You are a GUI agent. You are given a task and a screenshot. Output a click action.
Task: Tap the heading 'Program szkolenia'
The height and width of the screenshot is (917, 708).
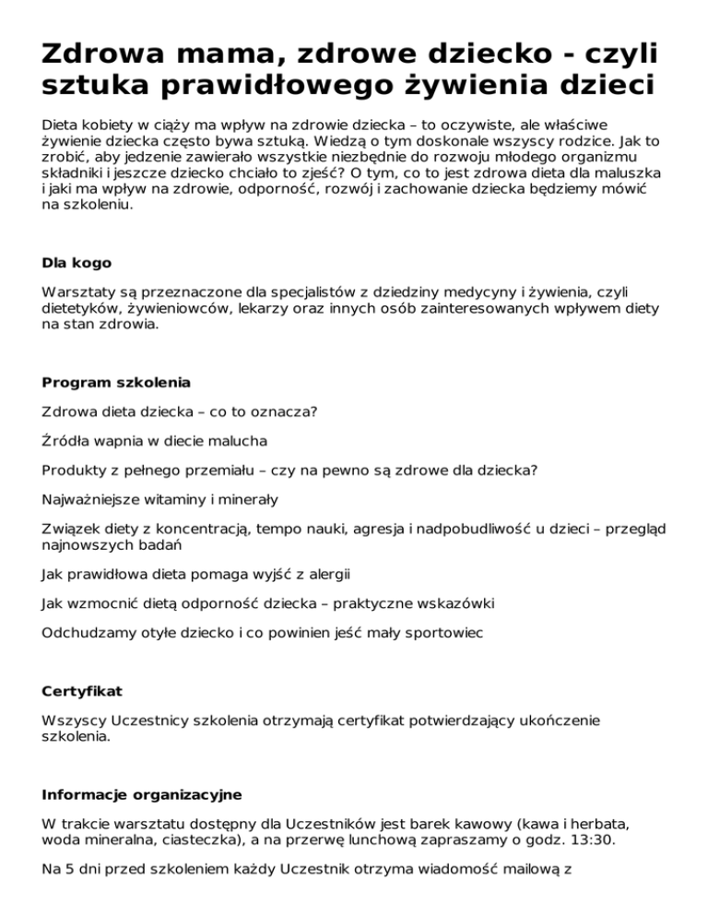(x=117, y=381)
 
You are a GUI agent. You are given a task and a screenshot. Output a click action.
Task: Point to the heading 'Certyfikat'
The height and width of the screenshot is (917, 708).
(x=81, y=691)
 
